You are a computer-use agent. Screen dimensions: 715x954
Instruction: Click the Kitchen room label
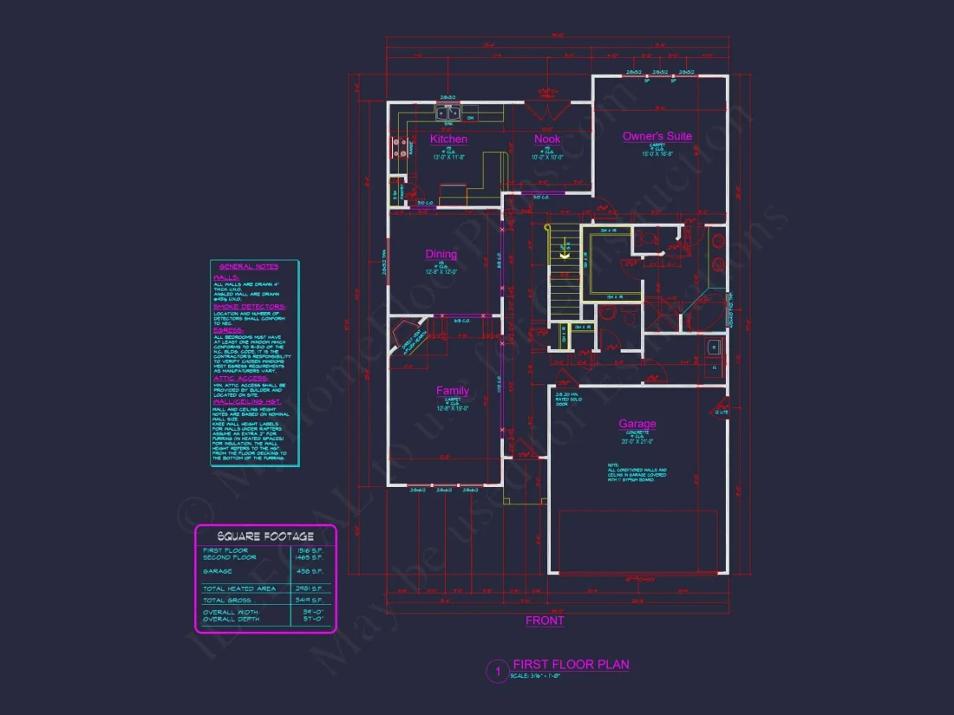tap(448, 139)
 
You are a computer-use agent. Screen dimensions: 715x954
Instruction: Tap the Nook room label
tap(547, 139)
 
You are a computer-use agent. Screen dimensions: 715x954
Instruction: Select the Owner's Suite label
tap(657, 136)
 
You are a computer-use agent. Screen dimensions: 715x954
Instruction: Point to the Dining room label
tap(441, 254)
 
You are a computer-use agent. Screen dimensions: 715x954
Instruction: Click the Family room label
tap(452, 391)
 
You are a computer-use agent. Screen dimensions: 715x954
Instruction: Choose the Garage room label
tap(637, 424)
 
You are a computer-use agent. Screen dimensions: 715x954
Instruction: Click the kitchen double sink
tap(448, 113)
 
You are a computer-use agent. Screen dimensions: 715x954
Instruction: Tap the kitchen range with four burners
tap(401, 148)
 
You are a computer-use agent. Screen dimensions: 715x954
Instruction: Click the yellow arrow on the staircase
tap(564, 255)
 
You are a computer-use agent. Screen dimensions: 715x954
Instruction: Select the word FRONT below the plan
tap(545, 621)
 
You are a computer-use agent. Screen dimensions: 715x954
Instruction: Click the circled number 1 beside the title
tap(498, 670)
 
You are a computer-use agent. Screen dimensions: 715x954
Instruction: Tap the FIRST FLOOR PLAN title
tap(571, 665)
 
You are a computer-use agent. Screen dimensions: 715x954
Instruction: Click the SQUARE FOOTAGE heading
tap(265, 536)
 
